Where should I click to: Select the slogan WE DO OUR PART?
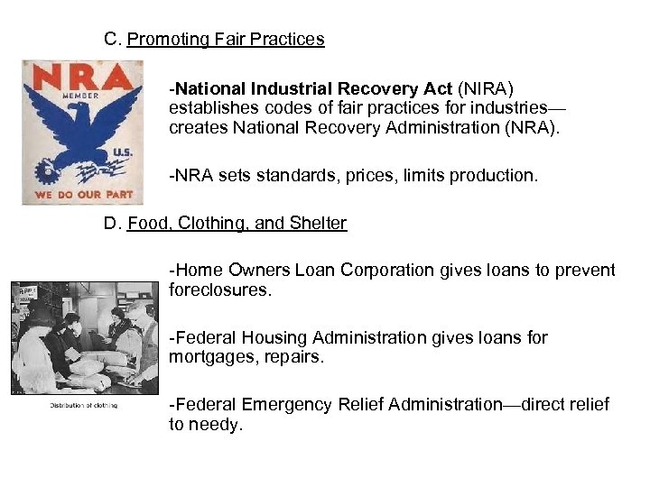(x=83, y=194)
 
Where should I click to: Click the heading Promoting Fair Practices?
(x=226, y=40)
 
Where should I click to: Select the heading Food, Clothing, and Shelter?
(x=237, y=224)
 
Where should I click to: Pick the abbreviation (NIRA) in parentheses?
(x=486, y=88)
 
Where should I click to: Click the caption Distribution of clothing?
(x=84, y=405)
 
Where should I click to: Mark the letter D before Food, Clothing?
(x=111, y=224)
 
